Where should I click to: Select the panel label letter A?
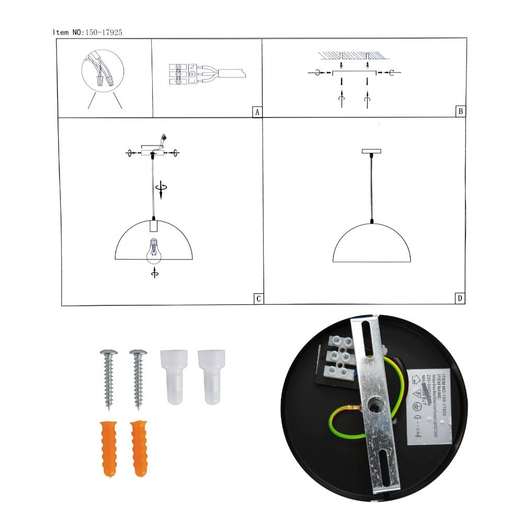[x=256, y=112]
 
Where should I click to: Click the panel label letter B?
[x=460, y=111]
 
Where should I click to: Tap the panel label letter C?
[x=257, y=299]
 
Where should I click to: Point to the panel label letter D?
[x=460, y=299]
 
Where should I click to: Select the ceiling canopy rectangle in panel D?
[x=371, y=151]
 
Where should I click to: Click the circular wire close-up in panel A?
[x=103, y=72]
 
